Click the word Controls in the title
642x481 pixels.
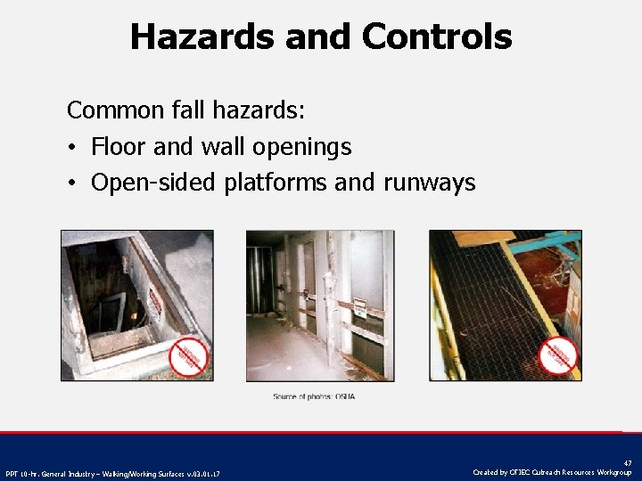tap(437, 37)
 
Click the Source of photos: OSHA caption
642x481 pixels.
tap(314, 395)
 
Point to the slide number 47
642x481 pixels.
tap(627, 463)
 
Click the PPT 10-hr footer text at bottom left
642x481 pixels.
tap(112, 473)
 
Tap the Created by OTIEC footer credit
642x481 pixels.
tap(552, 472)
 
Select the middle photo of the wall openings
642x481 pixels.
tap(319, 305)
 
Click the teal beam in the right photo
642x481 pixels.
tap(535, 242)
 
